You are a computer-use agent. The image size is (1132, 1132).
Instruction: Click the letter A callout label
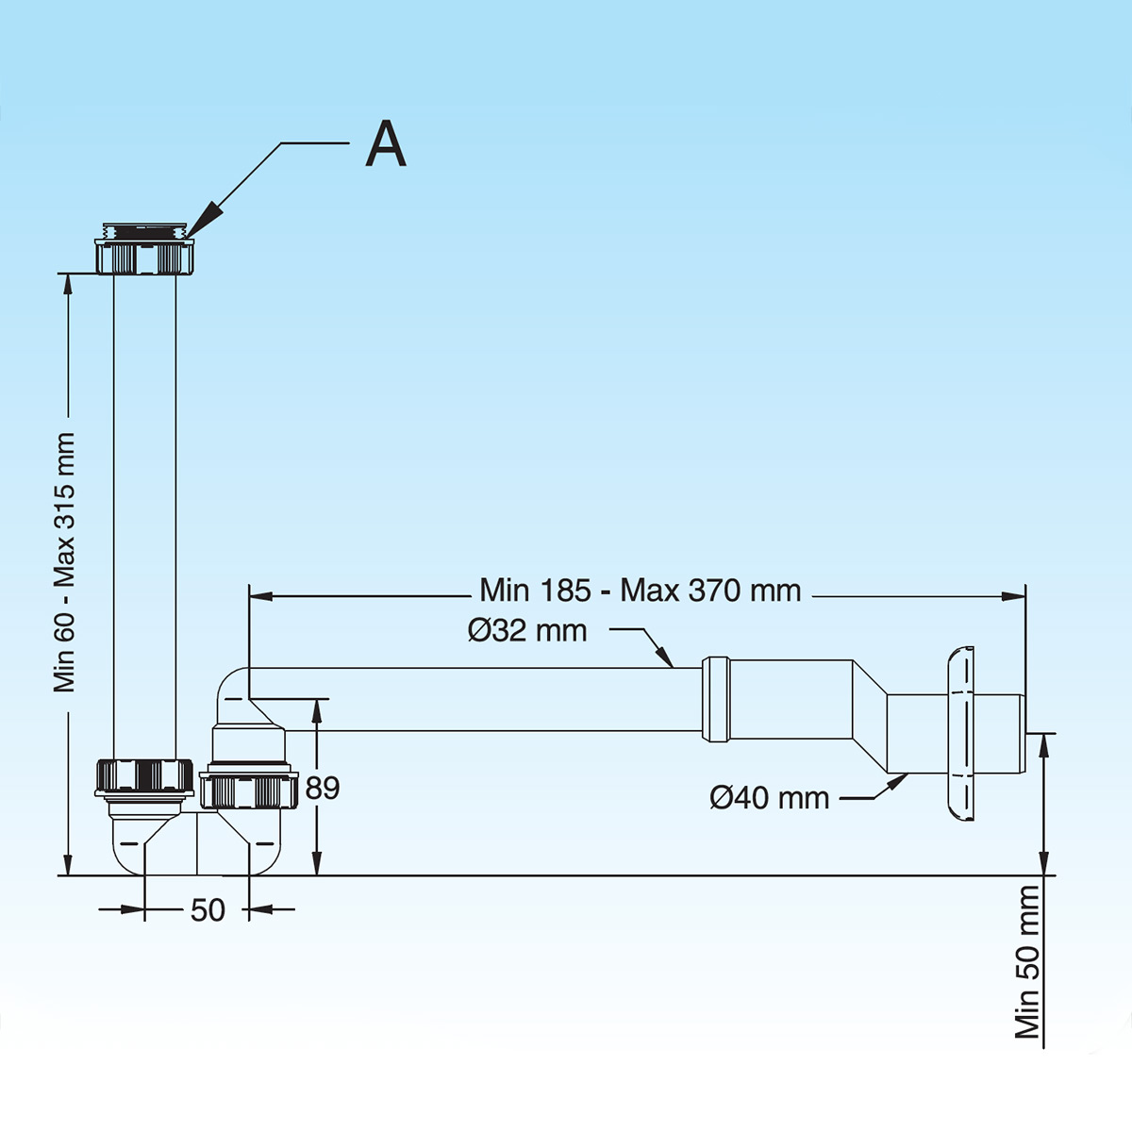pyautogui.click(x=386, y=144)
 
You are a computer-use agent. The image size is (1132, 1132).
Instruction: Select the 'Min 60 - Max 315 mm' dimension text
pyautogui.click(x=64, y=562)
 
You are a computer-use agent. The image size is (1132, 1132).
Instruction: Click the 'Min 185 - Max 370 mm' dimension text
pyautogui.click(x=641, y=591)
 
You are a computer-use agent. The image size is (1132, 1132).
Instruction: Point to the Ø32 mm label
pyautogui.click(x=527, y=630)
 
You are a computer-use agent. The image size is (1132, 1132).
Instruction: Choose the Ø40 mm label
pyautogui.click(x=769, y=798)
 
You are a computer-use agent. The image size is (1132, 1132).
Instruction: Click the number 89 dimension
pyautogui.click(x=323, y=788)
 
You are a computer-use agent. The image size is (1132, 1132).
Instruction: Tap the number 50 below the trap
pyautogui.click(x=208, y=909)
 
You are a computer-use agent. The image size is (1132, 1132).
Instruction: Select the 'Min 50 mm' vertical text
pyautogui.click(x=1027, y=961)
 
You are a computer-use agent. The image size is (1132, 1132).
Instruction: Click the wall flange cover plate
pyautogui.click(x=959, y=732)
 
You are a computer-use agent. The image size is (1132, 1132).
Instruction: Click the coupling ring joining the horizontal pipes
pyautogui.click(x=715, y=699)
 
